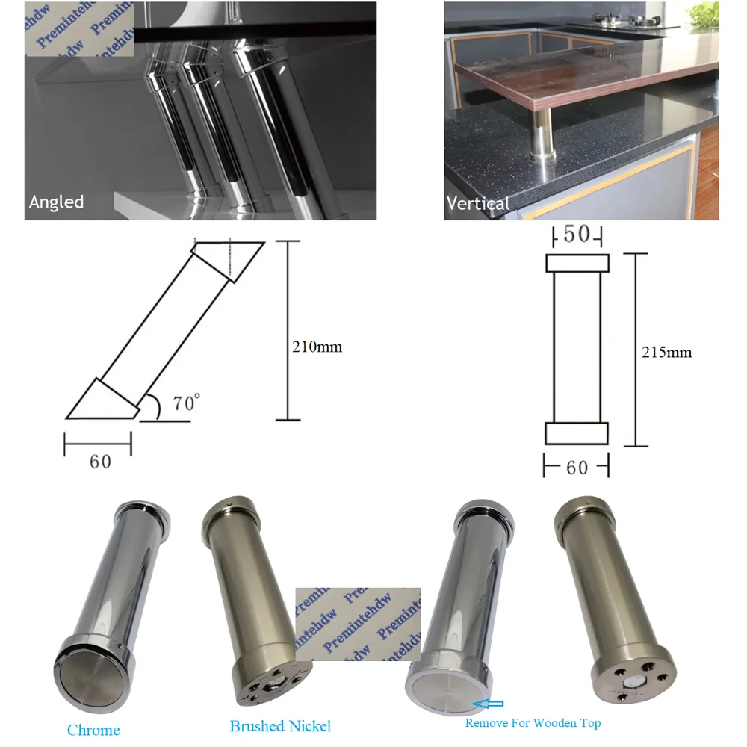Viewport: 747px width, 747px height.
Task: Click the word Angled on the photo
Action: pos(56,202)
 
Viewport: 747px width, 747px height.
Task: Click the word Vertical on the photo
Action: pos(477,202)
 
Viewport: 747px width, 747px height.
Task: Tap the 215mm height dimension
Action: pos(667,352)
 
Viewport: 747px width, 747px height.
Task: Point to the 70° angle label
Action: pos(186,404)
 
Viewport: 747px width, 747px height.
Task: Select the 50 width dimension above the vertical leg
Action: pos(576,235)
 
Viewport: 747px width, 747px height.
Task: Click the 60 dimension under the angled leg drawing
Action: pos(99,462)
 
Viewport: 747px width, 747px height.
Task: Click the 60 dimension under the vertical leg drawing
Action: pos(577,468)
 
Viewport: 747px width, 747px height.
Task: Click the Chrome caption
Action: pos(93,730)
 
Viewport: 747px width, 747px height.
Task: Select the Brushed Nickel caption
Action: pos(280,725)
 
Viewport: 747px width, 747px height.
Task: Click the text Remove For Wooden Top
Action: pos(533,722)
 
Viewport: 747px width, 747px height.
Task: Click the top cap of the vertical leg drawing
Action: pos(577,264)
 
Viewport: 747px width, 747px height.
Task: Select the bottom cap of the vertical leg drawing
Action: pos(576,434)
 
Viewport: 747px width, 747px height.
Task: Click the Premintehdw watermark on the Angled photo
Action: pos(81,30)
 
